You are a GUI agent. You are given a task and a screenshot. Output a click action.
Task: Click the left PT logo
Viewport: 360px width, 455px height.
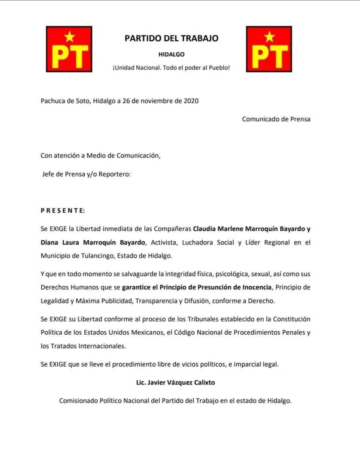[x=69, y=49]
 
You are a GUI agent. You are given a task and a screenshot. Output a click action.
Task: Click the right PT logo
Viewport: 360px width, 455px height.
[x=269, y=49]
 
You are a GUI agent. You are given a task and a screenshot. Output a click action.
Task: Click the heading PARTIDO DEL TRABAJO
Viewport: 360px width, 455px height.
[x=171, y=38]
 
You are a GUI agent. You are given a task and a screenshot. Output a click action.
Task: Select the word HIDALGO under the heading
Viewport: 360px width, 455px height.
[x=171, y=54]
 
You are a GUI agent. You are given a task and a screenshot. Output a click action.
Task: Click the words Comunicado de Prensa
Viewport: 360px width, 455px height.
[x=276, y=119]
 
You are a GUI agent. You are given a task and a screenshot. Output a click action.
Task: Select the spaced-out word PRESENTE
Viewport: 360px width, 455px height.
[x=63, y=210]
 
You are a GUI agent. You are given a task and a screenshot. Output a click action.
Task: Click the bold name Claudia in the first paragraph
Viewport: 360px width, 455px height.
[x=205, y=229]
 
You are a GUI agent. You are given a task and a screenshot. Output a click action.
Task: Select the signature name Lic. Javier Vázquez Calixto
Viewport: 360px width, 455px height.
[x=175, y=383]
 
